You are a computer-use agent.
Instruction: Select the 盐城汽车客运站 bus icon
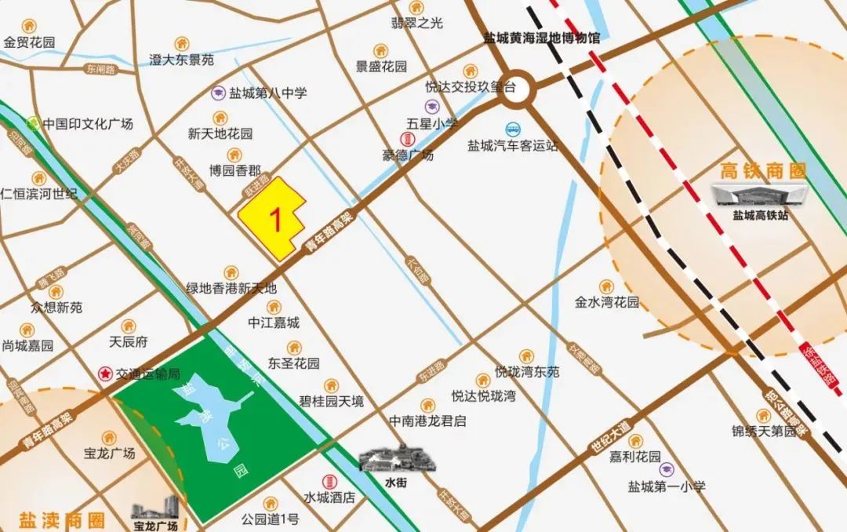[513, 129]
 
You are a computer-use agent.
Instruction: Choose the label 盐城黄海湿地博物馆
[540, 38]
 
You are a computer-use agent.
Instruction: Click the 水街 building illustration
[397, 457]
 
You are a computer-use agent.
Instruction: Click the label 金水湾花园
[606, 302]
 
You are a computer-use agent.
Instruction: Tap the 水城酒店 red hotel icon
[329, 481]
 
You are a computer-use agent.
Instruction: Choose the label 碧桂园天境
[332, 402]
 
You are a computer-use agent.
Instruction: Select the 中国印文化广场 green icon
[34, 122]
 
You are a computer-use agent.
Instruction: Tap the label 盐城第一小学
[667, 486]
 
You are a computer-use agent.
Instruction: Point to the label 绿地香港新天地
[231, 288]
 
